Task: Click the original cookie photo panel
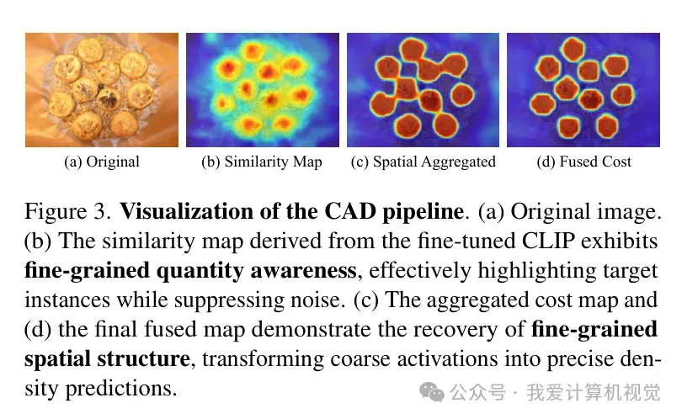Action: tap(102, 90)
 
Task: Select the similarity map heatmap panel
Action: tap(263, 90)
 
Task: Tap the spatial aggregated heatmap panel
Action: tap(424, 90)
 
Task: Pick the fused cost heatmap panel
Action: tap(583, 90)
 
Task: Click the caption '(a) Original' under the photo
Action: tap(102, 162)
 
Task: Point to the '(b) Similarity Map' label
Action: tap(262, 162)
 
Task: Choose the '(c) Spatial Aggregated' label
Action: tap(424, 162)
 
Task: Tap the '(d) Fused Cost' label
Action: tap(583, 162)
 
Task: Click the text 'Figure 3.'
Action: tap(68, 212)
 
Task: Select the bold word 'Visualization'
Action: tap(187, 212)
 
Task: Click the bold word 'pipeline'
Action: tap(423, 213)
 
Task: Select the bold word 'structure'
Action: tap(143, 359)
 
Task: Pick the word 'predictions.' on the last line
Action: tap(121, 389)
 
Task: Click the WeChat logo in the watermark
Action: tap(431, 392)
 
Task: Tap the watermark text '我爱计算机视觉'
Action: tap(594, 392)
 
